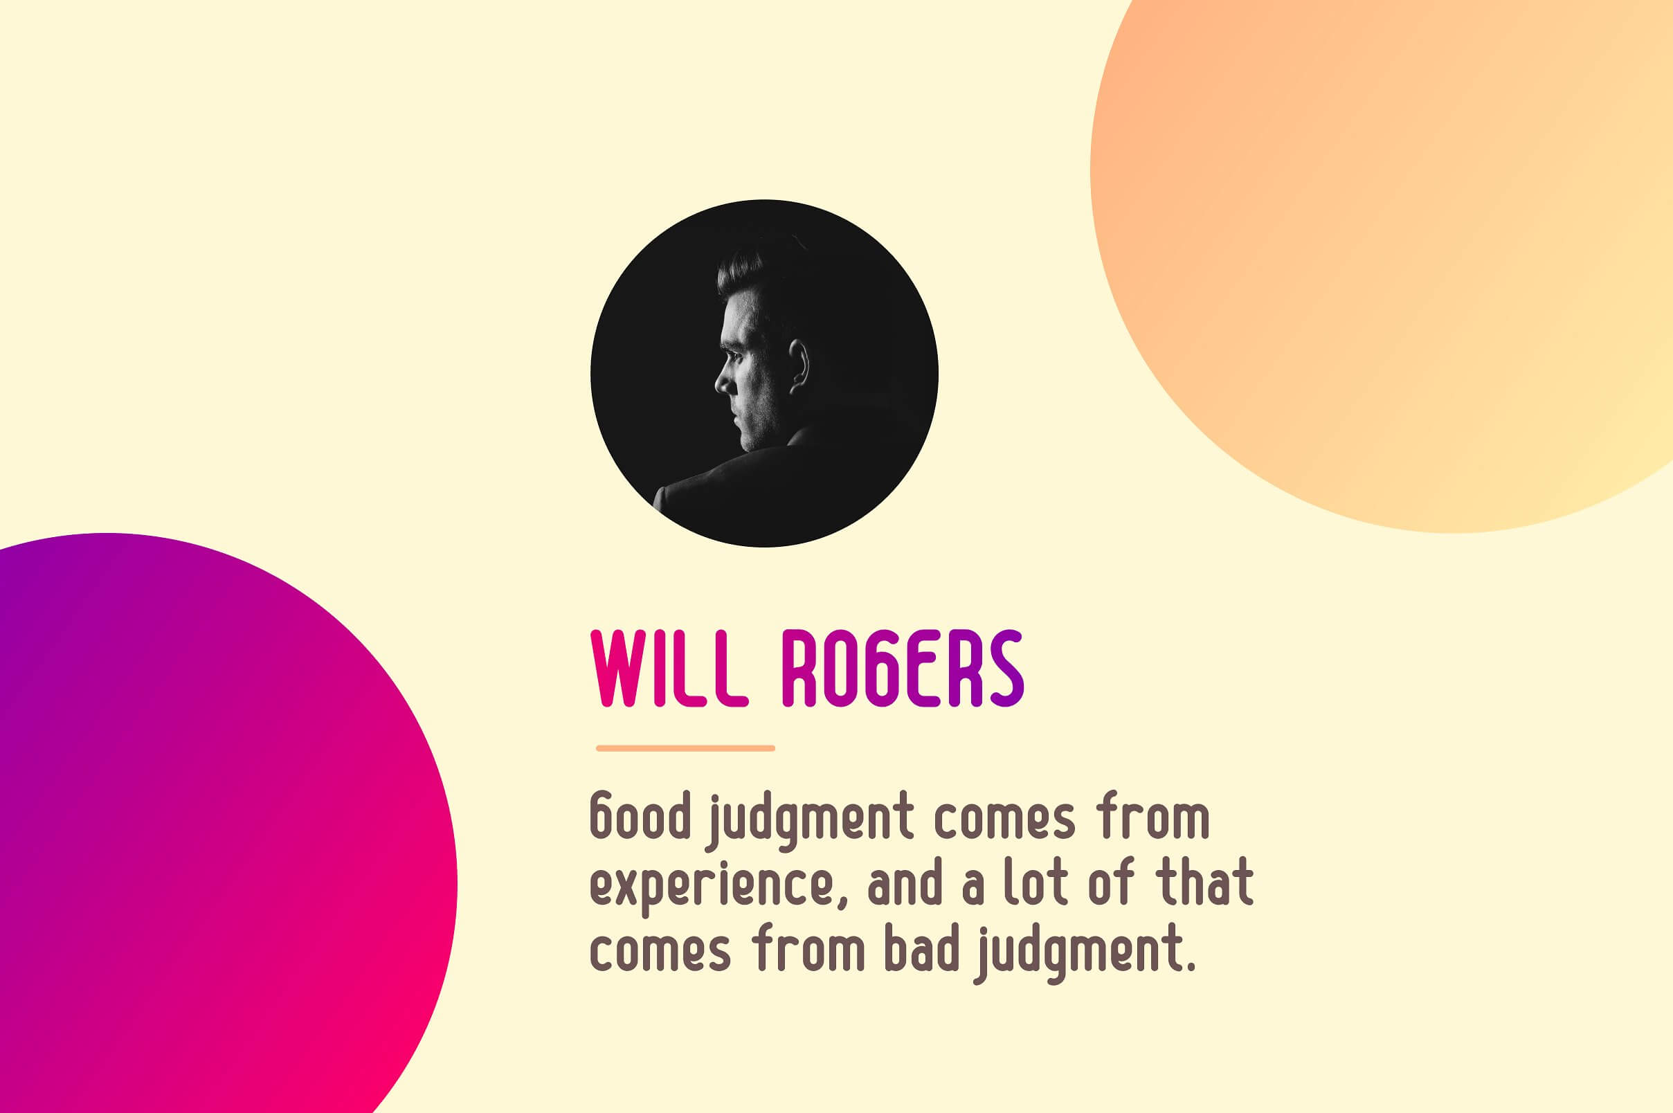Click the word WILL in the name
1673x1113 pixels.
669,668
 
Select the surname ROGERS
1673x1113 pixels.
903,668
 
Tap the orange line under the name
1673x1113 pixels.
685,748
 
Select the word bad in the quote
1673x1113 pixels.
922,950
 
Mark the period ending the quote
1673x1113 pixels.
1191,967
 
